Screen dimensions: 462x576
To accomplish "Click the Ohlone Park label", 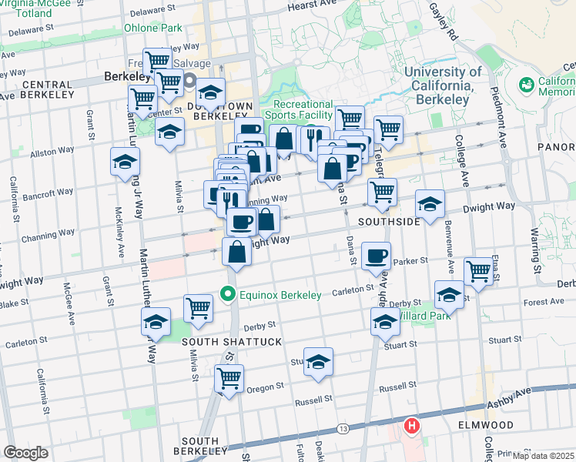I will (152, 28).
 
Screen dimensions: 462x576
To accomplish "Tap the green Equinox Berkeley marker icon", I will (227, 294).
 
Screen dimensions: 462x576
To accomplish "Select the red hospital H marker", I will (412, 425).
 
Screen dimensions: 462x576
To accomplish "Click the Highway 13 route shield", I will (342, 427).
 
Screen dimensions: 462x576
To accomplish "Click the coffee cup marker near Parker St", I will (376, 257).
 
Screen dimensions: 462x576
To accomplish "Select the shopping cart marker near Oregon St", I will (229, 379).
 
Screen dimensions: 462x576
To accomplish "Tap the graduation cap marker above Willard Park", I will (450, 296).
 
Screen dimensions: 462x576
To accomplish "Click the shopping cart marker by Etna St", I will (478, 272).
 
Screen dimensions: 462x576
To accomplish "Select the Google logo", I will (25, 453).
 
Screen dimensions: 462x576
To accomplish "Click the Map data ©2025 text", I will (542, 456).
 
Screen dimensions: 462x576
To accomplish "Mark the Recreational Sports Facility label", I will (303, 109).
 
